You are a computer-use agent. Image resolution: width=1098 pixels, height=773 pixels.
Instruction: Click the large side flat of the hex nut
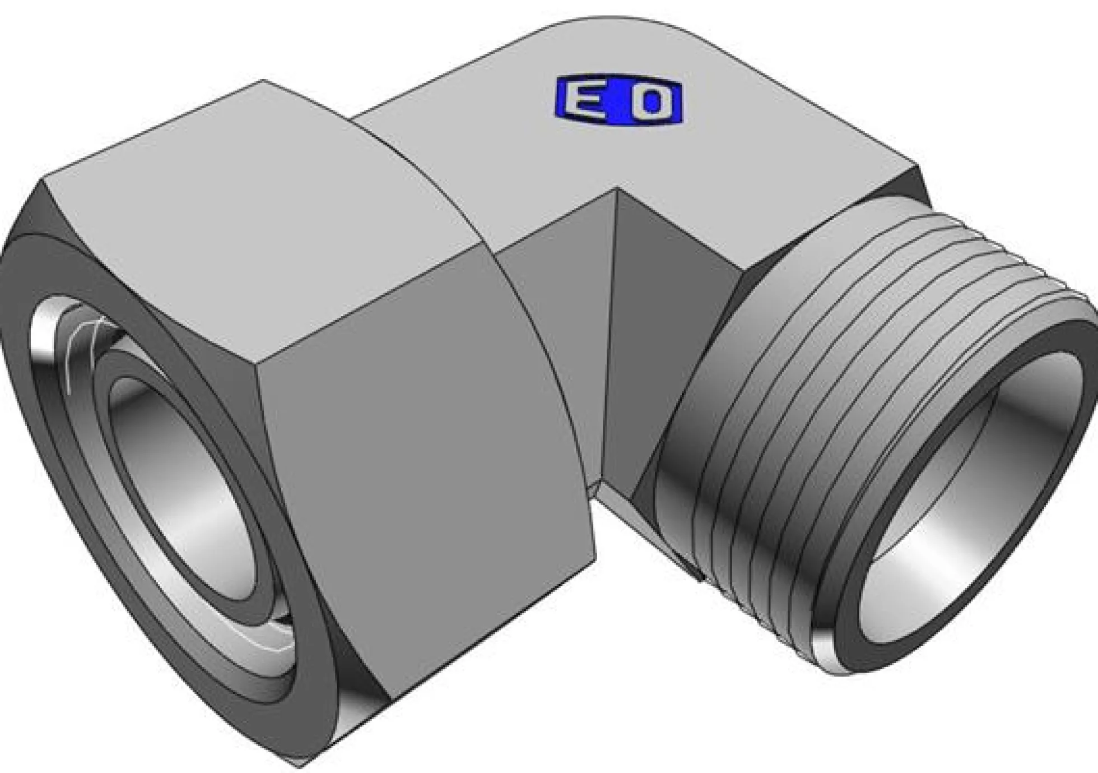pyautogui.click(x=426, y=476)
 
